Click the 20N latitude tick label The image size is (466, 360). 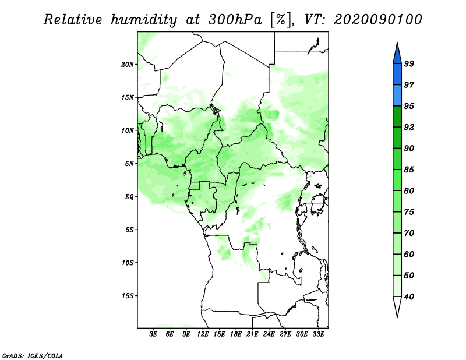(128, 64)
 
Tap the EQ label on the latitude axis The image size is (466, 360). (130, 197)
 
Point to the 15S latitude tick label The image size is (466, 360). (128, 296)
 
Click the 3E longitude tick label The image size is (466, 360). (154, 335)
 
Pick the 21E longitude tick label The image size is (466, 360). (252, 335)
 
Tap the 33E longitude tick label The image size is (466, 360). (318, 335)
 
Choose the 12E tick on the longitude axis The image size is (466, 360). (203, 335)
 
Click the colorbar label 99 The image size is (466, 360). (409, 64)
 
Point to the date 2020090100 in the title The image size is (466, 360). (378, 20)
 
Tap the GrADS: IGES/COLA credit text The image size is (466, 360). (33, 355)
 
